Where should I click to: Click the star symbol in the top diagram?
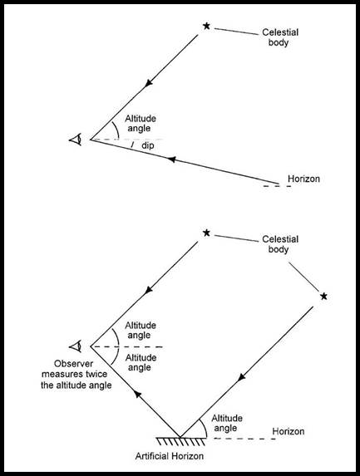click(206, 26)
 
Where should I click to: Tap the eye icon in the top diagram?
click(76, 140)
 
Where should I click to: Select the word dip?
click(148, 145)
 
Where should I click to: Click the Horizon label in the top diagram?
click(303, 179)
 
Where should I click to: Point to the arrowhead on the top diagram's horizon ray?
click(171, 159)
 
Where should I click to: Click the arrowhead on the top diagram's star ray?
click(149, 83)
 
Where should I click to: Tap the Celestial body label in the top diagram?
click(280, 37)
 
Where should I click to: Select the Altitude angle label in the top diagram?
click(141, 123)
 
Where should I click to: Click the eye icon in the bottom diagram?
click(76, 346)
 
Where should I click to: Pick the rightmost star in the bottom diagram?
click(324, 296)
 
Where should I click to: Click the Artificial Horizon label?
click(170, 456)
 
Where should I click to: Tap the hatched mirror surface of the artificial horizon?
click(180, 441)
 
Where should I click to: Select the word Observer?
click(73, 364)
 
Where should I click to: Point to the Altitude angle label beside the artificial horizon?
click(227, 423)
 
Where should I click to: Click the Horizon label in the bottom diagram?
click(288, 431)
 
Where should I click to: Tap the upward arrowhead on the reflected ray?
click(138, 394)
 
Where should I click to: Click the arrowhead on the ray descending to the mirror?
click(241, 377)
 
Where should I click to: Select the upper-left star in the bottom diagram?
click(206, 233)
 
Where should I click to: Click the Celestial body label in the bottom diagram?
click(280, 244)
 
